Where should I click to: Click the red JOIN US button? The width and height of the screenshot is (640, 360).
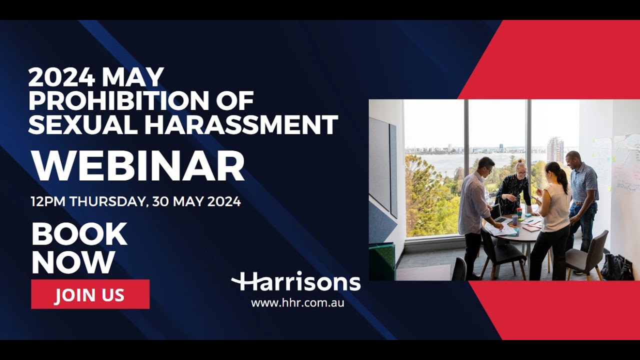click(90, 294)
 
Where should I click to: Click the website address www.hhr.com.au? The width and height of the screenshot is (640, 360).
click(297, 302)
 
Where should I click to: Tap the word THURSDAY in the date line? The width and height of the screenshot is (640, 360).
click(108, 202)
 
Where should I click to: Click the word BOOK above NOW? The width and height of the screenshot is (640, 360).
click(79, 234)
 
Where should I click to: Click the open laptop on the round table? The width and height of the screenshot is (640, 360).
click(500, 215)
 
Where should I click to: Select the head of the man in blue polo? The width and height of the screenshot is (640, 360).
click(573, 159)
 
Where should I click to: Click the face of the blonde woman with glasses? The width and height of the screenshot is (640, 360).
click(521, 169)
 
